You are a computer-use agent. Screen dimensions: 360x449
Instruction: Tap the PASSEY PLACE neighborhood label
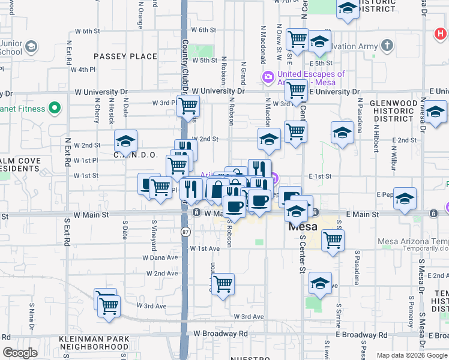point(125,56)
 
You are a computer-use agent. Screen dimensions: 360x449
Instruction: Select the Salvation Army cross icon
point(387,46)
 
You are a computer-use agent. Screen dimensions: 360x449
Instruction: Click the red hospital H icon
point(441,35)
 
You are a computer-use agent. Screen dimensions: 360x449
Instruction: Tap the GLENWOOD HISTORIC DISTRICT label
point(393,112)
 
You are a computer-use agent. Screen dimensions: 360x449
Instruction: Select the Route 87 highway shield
point(186,230)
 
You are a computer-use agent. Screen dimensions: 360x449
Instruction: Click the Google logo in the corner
point(20,353)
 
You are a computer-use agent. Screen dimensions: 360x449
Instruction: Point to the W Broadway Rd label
point(220,334)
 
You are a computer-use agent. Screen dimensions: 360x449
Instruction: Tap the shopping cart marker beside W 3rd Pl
point(188,107)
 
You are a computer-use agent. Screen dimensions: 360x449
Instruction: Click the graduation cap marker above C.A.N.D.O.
point(126,142)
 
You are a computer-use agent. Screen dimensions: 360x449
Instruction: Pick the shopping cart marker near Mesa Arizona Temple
point(333,241)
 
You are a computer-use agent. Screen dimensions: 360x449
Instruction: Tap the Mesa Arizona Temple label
point(413,242)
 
